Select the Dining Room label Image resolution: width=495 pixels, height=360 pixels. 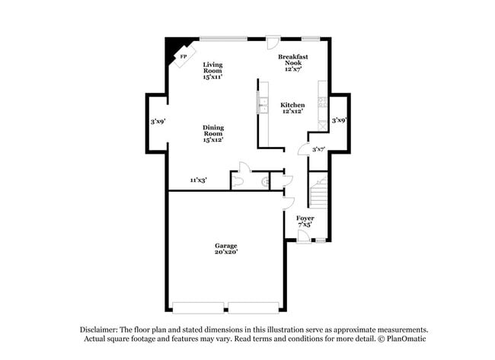pyautogui.click(x=213, y=133)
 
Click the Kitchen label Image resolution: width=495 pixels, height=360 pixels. pyautogui.click(x=292, y=108)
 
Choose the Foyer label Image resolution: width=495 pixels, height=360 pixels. pyautogui.click(x=305, y=221)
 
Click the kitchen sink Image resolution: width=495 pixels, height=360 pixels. pyautogui.click(x=263, y=106)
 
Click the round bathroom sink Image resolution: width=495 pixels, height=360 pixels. pyautogui.click(x=264, y=182)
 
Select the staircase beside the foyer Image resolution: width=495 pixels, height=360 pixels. pyautogui.click(x=318, y=192)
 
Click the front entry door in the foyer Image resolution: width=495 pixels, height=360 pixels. pyautogui.click(x=303, y=237)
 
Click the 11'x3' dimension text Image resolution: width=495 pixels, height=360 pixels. pyautogui.click(x=199, y=180)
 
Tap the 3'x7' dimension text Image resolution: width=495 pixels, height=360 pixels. pyautogui.click(x=318, y=149)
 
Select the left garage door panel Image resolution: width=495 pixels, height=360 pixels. pyautogui.click(x=199, y=308)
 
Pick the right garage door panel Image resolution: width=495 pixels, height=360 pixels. pyautogui.click(x=254, y=308)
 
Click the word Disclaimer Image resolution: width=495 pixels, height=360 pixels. pyautogui.click(x=100, y=330)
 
